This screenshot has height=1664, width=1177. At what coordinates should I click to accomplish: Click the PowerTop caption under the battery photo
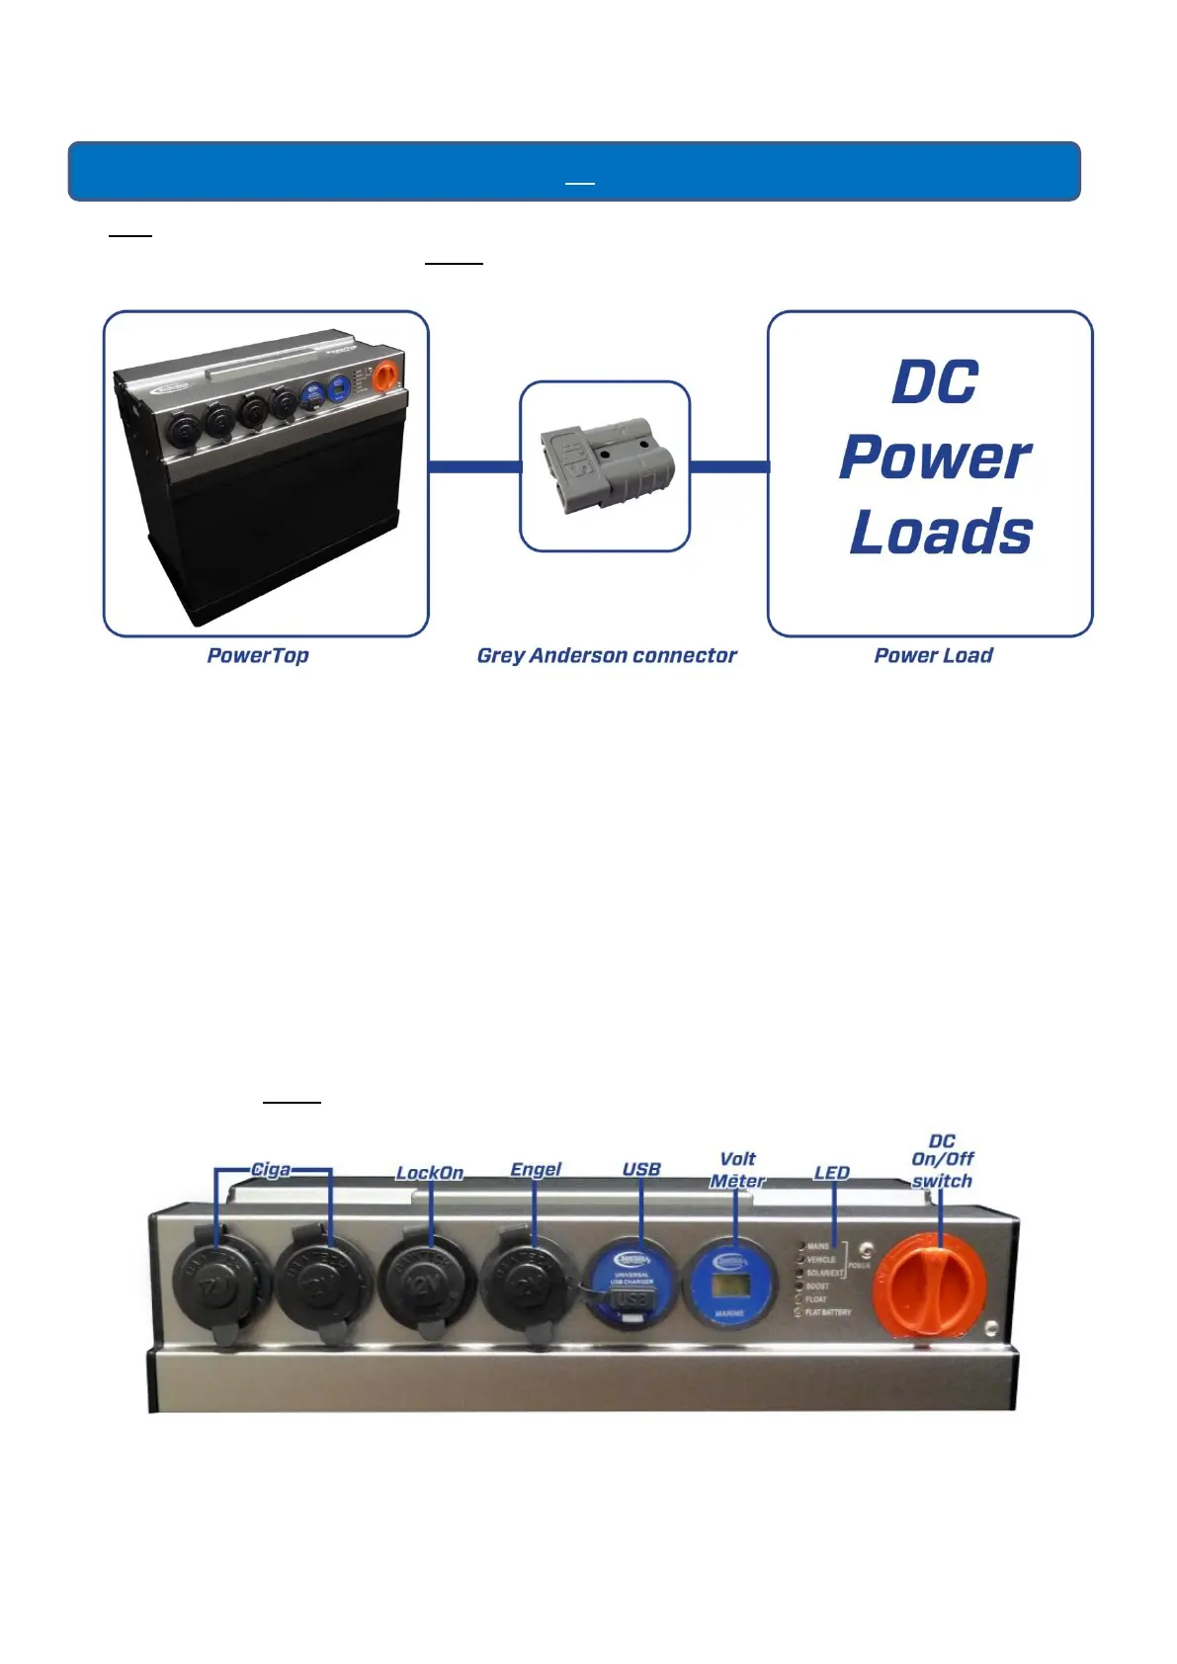click(258, 655)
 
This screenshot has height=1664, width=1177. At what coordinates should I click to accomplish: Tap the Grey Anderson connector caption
click(607, 655)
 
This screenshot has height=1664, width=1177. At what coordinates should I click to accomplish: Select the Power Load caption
click(933, 655)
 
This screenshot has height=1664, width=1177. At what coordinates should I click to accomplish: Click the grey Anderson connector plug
click(606, 466)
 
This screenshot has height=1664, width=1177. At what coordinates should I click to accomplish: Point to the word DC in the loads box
click(935, 382)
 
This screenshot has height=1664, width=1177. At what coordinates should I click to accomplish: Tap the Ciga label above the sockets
click(271, 1170)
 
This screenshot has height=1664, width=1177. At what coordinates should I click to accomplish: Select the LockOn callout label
click(429, 1173)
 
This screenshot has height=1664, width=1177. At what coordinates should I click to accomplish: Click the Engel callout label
click(536, 1169)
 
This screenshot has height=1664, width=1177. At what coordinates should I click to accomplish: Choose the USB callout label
click(641, 1169)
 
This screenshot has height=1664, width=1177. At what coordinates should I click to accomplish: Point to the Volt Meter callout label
click(737, 1170)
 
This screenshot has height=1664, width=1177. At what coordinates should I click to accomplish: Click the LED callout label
click(832, 1173)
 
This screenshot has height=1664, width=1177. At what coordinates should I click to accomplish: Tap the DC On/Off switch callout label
click(942, 1161)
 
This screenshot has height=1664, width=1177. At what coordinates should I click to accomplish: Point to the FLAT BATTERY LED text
click(827, 1312)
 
